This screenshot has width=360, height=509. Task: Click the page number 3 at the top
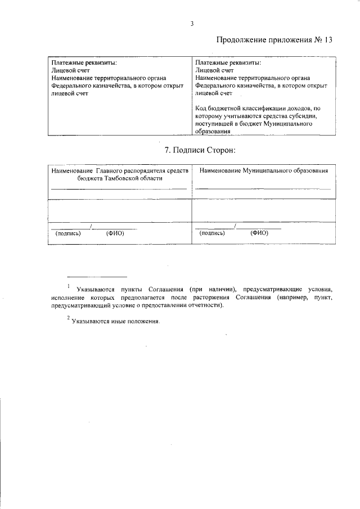click(192, 23)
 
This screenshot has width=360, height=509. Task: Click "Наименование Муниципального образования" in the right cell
click(264, 170)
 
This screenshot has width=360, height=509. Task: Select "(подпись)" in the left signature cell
click(69, 233)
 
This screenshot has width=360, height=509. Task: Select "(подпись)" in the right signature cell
click(213, 233)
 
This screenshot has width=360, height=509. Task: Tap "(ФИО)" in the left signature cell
click(115, 233)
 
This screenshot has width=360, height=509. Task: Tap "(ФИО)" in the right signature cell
click(259, 233)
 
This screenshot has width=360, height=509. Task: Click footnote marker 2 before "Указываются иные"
click(68, 318)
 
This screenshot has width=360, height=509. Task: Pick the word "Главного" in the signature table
click(112, 170)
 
